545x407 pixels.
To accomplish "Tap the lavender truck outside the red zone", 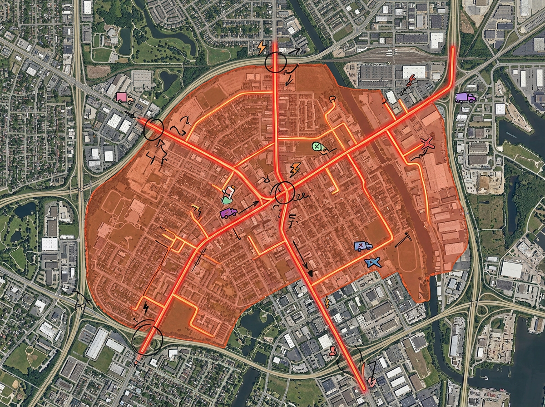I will click(466, 97).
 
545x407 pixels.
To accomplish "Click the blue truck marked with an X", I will click(363, 246).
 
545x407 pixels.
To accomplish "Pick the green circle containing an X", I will click(318, 147).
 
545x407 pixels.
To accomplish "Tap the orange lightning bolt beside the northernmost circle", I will click(262, 47).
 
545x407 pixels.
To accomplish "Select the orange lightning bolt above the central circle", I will click(295, 169).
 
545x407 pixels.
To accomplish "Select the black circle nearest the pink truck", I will click(153, 129).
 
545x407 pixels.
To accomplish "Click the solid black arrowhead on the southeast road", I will click(311, 273).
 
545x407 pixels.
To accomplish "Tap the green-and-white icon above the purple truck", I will click(228, 195).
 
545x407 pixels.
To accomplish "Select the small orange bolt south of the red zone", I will click(327, 302).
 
